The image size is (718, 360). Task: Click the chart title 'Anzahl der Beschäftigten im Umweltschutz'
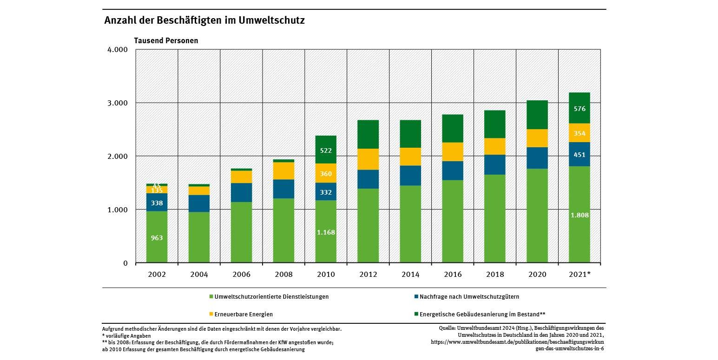(x=204, y=20)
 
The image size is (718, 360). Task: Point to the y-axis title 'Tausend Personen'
(x=166, y=40)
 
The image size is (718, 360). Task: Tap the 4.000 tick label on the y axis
(x=118, y=50)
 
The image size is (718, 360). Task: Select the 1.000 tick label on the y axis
(x=118, y=209)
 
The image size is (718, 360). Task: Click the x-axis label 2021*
(x=580, y=275)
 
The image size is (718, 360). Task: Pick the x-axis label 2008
(x=283, y=275)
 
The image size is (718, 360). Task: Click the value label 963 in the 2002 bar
(x=157, y=238)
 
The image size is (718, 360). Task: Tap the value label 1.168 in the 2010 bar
(x=326, y=232)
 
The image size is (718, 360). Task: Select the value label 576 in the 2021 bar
(x=580, y=109)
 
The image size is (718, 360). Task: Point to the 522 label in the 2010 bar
(x=326, y=151)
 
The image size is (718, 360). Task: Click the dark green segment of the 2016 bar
(x=453, y=128)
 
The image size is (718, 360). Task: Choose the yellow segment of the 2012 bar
(x=368, y=159)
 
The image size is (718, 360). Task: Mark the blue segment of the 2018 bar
(x=495, y=164)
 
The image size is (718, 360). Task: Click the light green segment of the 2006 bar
(x=241, y=232)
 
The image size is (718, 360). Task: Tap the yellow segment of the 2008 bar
(x=283, y=170)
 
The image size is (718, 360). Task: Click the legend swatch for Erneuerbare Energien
(x=211, y=314)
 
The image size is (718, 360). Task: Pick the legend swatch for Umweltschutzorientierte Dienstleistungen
(x=211, y=297)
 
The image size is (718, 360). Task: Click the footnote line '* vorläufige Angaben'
(x=126, y=335)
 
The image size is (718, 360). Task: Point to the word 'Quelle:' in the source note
(x=448, y=328)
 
